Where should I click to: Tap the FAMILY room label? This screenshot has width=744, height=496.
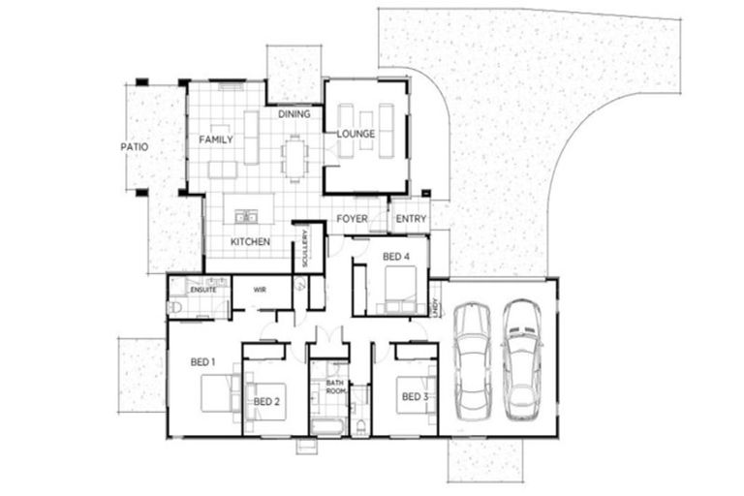tap(216, 139)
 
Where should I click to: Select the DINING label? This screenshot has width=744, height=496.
tap(294, 114)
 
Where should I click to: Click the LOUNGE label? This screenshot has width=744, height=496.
tap(356, 134)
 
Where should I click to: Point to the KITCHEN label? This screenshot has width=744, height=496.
tap(250, 241)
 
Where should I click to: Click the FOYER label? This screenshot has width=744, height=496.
tap(352, 219)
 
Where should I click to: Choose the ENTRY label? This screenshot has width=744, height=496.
tap(411, 219)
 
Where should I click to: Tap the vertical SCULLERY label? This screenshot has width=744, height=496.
tap(305, 248)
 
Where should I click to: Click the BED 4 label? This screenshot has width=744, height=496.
tap(397, 256)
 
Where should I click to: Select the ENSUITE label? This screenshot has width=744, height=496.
tap(202, 289)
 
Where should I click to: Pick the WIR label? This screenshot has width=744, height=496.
tap(260, 289)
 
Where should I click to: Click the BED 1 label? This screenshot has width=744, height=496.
tap(201, 361)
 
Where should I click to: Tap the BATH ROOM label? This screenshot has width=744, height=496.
tap(335, 387)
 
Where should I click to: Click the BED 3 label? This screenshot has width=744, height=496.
tap(414, 396)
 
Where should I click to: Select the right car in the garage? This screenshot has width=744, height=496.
tap(520, 356)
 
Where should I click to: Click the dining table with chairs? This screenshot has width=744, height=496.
tap(294, 156)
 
